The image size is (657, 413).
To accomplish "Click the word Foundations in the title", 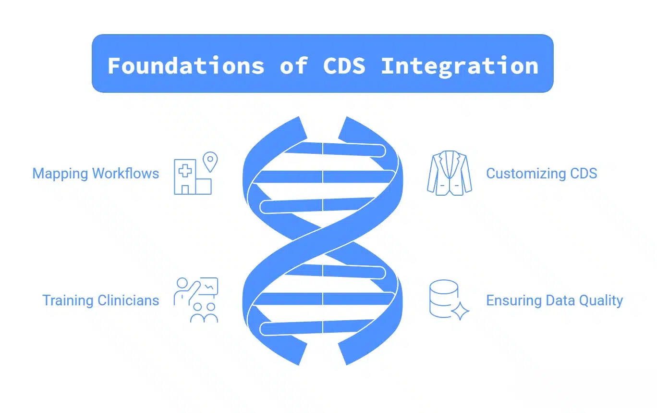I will click(x=186, y=65).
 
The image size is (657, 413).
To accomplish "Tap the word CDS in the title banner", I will click(x=344, y=65).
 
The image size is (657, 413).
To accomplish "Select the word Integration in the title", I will click(x=460, y=65).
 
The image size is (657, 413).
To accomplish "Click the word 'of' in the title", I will click(x=293, y=65).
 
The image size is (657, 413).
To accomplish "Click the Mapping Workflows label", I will click(x=96, y=174).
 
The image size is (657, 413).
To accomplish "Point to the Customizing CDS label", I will click(x=541, y=174).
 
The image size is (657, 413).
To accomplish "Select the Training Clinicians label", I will click(x=100, y=300).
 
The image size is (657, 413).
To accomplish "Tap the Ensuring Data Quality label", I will click(x=554, y=300).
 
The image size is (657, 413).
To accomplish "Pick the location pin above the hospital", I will click(x=210, y=161).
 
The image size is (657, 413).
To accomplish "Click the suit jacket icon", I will click(x=449, y=174).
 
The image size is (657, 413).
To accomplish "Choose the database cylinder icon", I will click(x=443, y=298).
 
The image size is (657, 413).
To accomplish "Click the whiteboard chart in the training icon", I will click(x=209, y=287).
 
